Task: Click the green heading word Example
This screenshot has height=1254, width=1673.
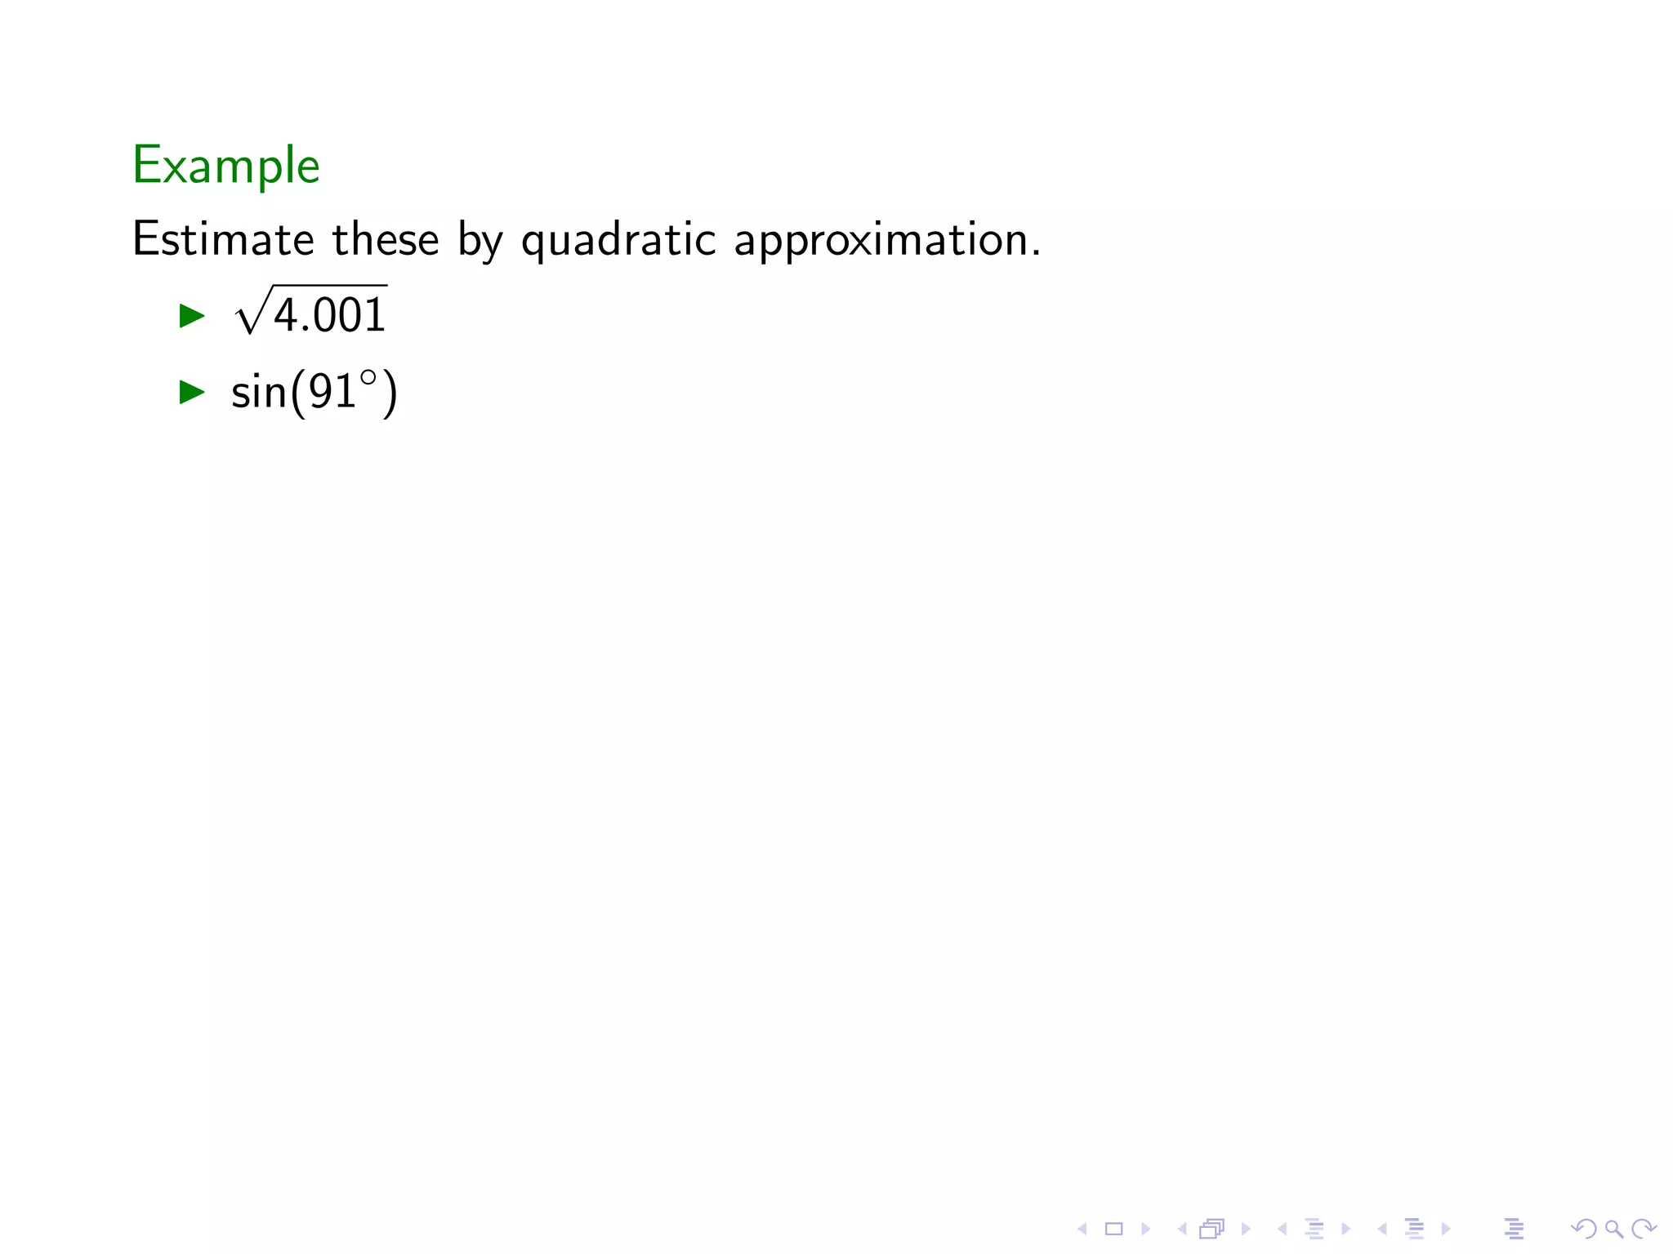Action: click(225, 166)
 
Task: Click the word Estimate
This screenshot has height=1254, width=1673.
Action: click(222, 239)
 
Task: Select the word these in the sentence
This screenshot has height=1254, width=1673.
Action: click(385, 239)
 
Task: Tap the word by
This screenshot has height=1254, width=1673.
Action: click(480, 241)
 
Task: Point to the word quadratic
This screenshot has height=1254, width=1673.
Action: click(618, 241)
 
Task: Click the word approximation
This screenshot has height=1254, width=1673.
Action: click(887, 241)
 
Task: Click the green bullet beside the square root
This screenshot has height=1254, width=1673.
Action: click(192, 316)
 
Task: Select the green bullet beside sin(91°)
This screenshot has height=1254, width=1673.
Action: click(192, 392)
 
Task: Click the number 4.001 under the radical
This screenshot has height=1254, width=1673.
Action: click(329, 316)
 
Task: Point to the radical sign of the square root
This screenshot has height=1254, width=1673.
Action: click(249, 314)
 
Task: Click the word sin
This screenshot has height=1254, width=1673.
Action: click(259, 393)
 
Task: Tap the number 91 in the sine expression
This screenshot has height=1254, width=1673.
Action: click(332, 393)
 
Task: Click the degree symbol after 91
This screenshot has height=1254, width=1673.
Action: click(368, 378)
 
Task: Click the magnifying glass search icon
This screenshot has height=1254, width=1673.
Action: click(1613, 1229)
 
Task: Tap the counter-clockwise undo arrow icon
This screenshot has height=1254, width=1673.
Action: click(1583, 1229)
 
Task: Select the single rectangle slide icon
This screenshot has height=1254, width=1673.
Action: click(1113, 1229)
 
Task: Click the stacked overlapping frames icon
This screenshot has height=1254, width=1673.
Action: click(1212, 1229)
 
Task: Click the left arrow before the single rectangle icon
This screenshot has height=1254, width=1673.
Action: click(1082, 1229)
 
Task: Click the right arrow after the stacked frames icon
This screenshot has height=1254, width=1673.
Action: click(1246, 1229)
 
